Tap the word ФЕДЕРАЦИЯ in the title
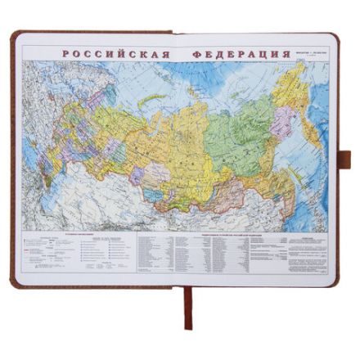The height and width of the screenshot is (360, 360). tap(242, 55)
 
